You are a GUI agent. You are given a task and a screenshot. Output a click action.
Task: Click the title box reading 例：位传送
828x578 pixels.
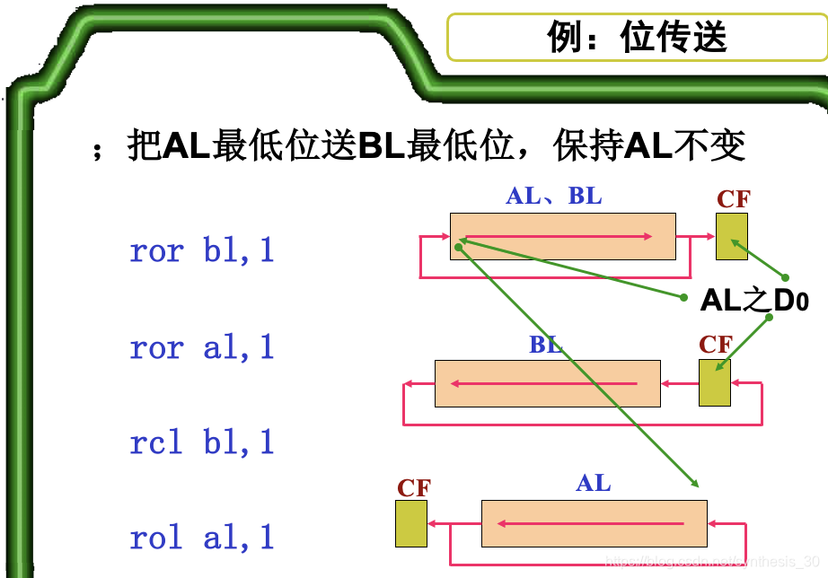(637, 38)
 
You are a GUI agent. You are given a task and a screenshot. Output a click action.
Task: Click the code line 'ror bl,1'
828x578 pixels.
(202, 250)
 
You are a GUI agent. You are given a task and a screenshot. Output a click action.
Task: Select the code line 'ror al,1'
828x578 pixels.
(202, 346)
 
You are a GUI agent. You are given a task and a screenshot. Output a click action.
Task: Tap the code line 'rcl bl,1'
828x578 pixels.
(202, 442)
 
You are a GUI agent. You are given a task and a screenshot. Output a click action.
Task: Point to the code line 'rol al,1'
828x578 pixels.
(202, 538)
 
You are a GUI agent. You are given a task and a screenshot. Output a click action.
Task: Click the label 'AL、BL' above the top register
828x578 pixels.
(554, 197)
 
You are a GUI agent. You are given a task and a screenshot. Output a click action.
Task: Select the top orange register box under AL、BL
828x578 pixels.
(562, 236)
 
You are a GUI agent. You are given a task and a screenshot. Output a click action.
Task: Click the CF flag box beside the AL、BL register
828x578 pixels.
(731, 236)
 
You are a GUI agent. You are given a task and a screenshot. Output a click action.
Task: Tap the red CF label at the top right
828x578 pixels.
(733, 199)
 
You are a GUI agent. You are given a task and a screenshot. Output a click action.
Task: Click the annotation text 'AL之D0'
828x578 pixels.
(754, 301)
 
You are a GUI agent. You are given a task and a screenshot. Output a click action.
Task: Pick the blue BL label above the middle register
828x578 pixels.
(546, 346)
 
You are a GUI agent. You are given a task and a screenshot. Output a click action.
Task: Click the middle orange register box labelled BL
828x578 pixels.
(547, 383)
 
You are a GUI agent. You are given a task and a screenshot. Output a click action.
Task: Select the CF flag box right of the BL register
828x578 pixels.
(715, 382)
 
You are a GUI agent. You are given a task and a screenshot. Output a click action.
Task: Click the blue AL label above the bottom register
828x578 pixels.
(594, 484)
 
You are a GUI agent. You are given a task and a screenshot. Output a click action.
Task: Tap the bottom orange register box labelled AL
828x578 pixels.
(595, 523)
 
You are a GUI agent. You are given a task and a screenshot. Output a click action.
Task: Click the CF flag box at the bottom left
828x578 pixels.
(411, 523)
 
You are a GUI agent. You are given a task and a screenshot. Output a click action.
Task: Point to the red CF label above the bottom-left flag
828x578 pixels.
(414, 488)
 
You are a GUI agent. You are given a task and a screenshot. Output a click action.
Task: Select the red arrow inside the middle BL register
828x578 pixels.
(544, 384)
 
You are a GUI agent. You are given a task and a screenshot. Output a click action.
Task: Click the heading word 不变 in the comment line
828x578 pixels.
(709, 145)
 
